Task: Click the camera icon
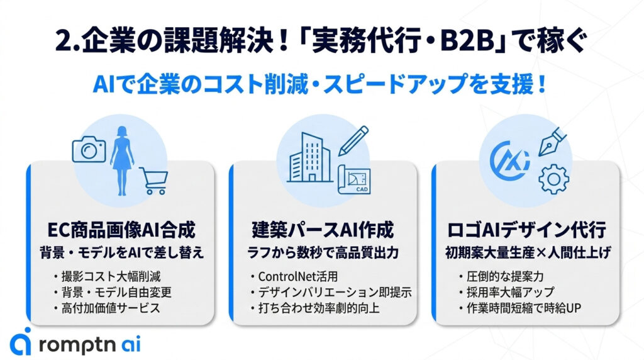pyautogui.click(x=88, y=149)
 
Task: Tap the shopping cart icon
pyautogui.click(x=153, y=181)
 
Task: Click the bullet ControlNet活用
pyautogui.click(x=298, y=276)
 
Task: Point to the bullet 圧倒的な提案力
pyautogui.click(x=502, y=276)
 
